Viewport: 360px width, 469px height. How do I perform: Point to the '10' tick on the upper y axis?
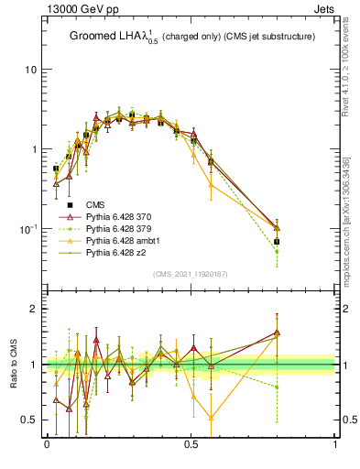30,71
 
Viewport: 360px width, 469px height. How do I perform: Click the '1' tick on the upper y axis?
33,149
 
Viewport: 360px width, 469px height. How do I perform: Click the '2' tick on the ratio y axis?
33,310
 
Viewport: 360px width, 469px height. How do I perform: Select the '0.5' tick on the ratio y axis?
29,420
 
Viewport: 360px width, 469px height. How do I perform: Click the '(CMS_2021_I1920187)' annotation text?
191,273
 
